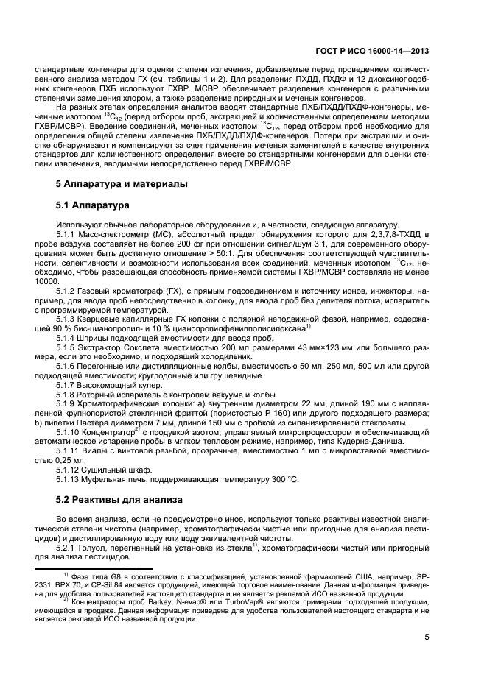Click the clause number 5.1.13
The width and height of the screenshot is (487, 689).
point(70,479)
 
